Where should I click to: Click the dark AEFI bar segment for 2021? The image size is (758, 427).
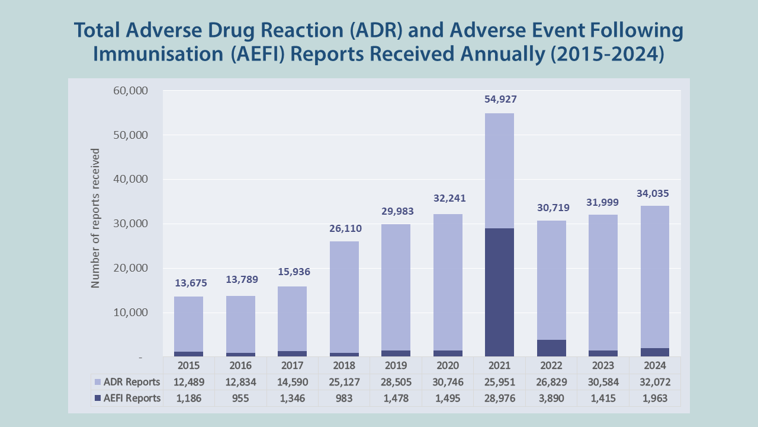(499, 292)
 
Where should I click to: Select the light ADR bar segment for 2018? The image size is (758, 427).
(344, 297)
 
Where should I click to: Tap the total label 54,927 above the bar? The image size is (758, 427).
(499, 99)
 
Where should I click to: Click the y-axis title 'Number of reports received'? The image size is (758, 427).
(95, 218)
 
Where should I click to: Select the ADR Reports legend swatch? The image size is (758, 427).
(98, 382)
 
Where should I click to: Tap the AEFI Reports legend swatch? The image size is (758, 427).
(98, 399)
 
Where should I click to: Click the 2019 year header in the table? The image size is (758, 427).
(396, 365)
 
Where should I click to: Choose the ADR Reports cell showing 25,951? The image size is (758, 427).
(499, 382)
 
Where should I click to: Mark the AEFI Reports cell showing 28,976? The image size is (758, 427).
(499, 399)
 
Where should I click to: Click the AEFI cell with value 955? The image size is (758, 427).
(240, 399)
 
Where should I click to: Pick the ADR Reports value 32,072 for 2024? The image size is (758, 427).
(655, 382)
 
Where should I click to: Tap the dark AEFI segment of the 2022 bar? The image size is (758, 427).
(551, 348)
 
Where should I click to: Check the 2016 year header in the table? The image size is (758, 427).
(240, 365)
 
